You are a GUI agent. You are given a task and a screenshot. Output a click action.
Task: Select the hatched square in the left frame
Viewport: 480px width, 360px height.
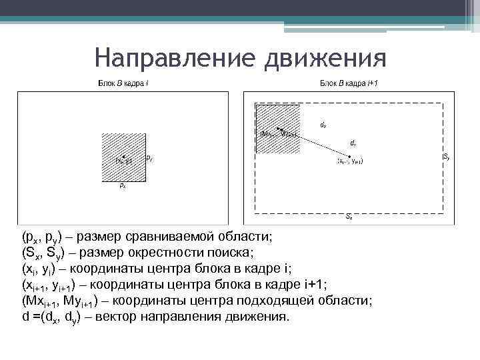pyautogui.click(x=124, y=157)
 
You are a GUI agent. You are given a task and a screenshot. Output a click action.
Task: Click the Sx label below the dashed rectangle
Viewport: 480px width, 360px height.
pyautogui.click(x=349, y=218)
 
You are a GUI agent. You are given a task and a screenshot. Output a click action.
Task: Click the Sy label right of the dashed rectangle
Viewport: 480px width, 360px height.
pyautogui.click(x=446, y=157)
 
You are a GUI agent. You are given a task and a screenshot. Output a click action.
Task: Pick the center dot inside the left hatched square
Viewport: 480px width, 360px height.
pyautogui.click(x=125, y=157)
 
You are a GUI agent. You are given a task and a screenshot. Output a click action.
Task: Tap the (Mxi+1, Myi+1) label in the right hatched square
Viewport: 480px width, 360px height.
pyautogui.click(x=279, y=133)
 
